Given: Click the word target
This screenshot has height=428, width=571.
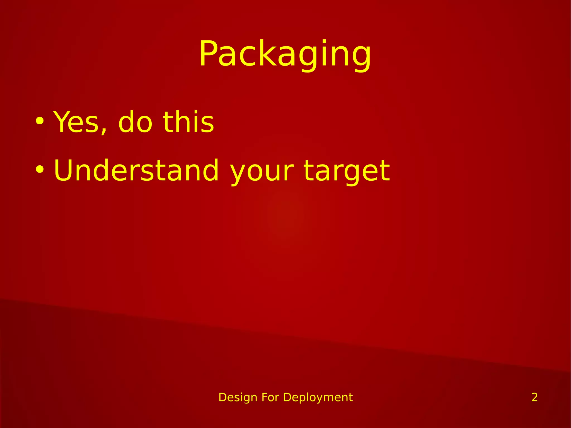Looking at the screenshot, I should [347, 171].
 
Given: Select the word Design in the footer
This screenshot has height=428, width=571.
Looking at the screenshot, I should [238, 397].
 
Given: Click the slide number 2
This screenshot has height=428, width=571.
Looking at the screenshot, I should [534, 397].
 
